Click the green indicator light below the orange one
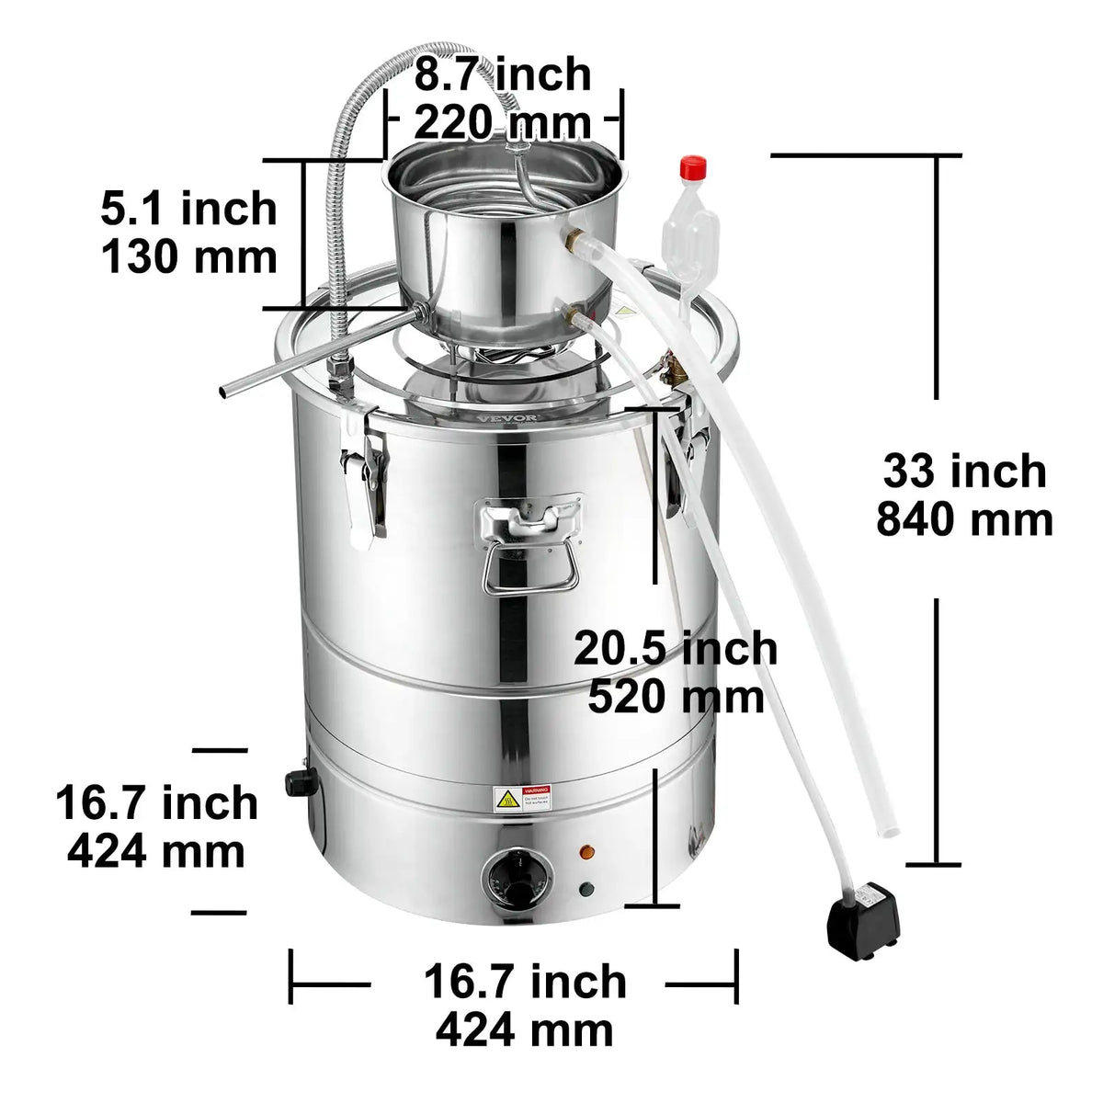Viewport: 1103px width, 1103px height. tap(586, 889)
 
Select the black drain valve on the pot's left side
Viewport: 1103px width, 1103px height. tap(299, 781)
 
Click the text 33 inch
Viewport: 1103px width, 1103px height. tap(964, 471)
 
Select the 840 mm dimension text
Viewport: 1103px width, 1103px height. tap(964, 520)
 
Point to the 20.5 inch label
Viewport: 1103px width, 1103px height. tap(676, 648)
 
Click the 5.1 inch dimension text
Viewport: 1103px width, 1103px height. tap(188, 209)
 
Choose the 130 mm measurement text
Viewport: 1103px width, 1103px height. tap(188, 256)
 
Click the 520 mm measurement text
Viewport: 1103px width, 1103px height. tap(676, 697)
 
